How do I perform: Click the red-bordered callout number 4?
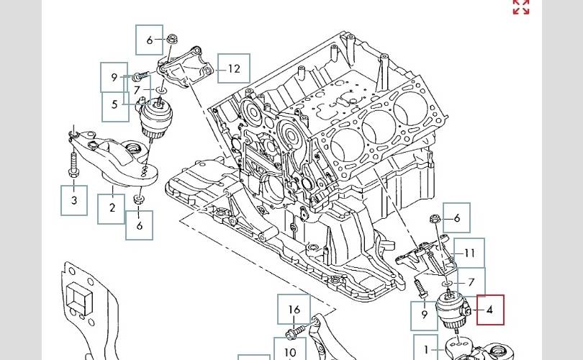click(489, 310)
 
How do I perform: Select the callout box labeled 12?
click(234, 69)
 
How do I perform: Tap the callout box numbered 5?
click(114, 105)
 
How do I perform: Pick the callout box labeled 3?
click(74, 200)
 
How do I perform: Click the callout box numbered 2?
click(112, 208)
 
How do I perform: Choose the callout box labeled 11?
click(470, 253)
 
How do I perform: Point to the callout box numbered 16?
click(294, 310)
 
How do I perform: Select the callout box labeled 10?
click(289, 352)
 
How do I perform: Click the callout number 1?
click(426, 350)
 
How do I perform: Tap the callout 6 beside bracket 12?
click(150, 40)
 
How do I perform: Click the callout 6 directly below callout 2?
click(140, 225)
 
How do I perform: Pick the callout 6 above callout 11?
click(456, 217)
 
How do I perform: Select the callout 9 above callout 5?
click(114, 77)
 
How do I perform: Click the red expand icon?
click(521, 7)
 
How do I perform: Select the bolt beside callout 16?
click(294, 333)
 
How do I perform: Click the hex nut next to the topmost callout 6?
click(173, 39)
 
